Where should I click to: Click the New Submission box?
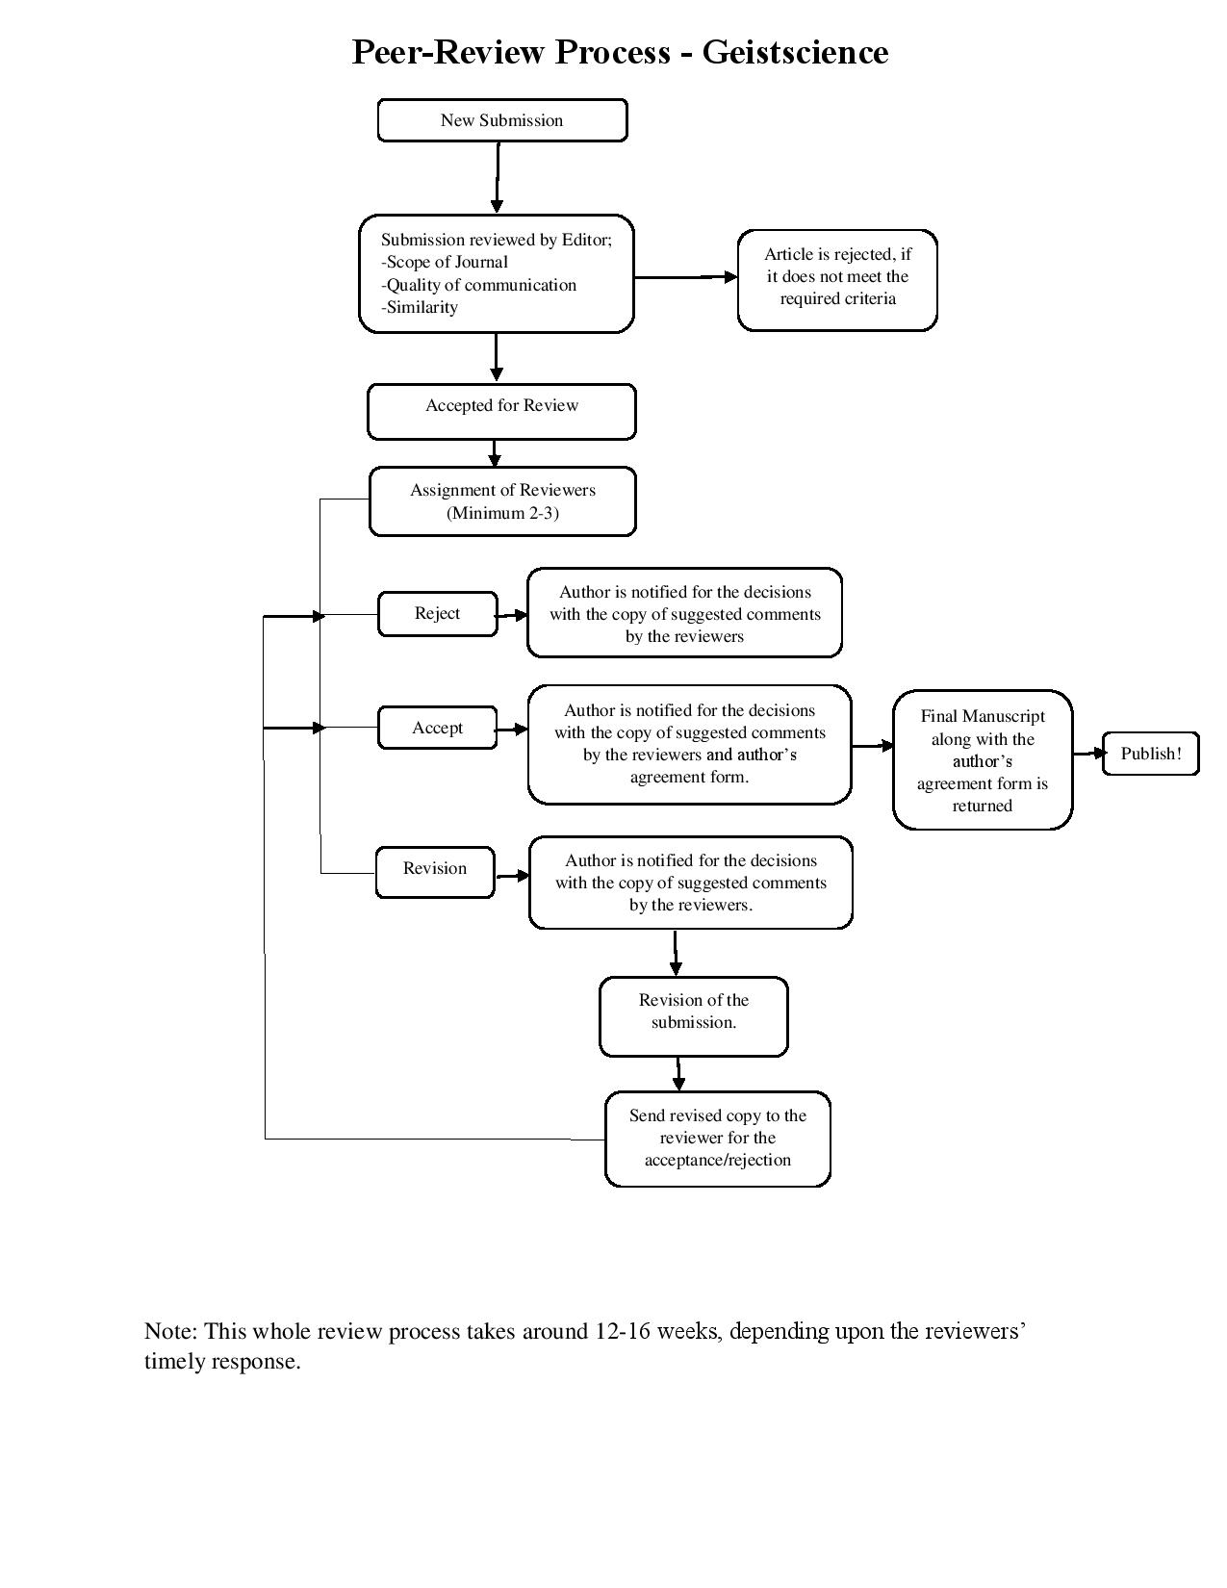point(501,120)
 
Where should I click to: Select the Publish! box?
point(1150,754)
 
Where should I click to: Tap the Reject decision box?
point(437,614)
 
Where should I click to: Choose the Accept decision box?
point(437,728)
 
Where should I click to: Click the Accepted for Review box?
point(501,411)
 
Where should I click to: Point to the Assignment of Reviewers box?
point(502,500)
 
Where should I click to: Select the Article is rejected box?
point(837,279)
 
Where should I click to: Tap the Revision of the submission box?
point(693,1016)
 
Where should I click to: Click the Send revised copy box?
point(717,1139)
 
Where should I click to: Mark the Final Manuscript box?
point(982,760)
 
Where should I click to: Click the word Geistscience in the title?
point(794,51)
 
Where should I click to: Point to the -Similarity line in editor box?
point(420,308)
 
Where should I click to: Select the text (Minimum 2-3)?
point(502,513)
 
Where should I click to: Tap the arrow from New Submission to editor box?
point(498,177)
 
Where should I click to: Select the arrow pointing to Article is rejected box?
point(685,277)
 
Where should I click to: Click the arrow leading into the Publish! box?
point(1087,754)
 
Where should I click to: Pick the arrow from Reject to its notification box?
point(512,615)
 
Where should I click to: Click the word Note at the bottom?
point(169,1331)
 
